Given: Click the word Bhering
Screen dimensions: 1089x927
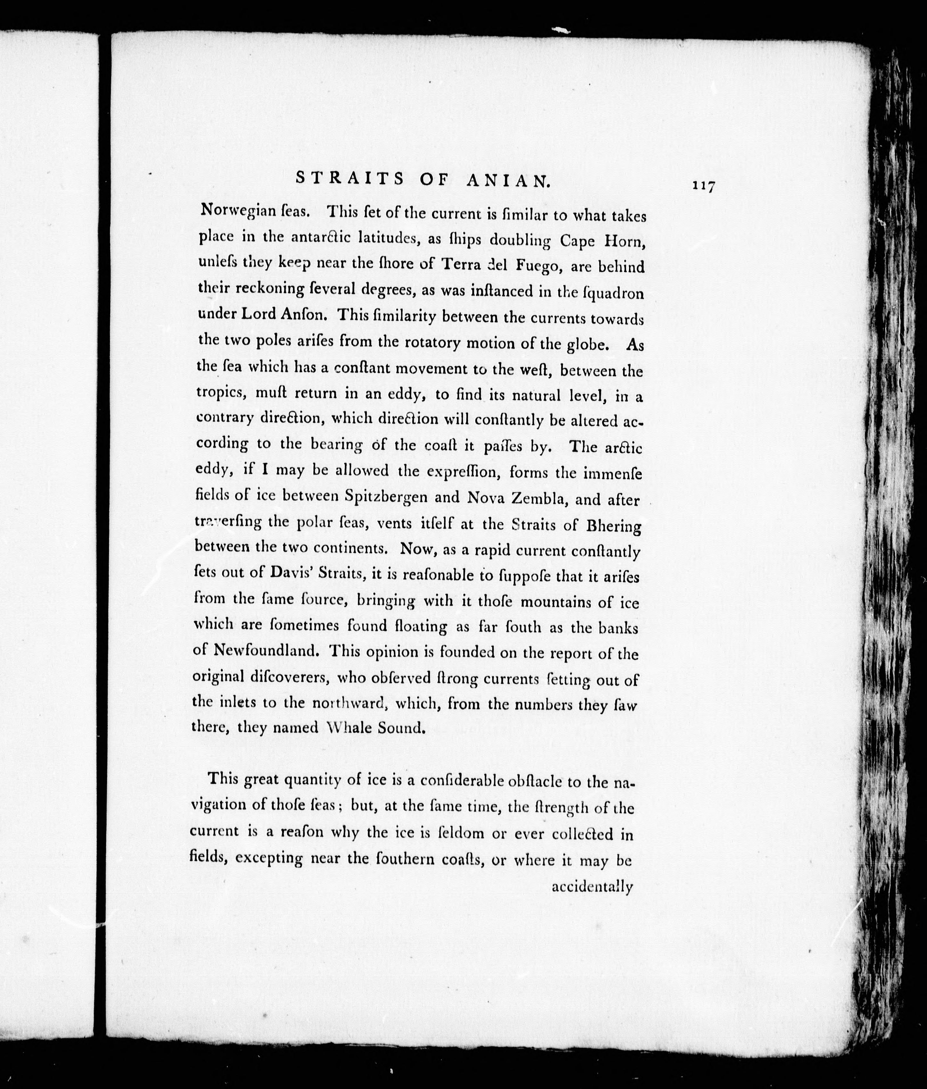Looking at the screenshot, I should click(x=613, y=526).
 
